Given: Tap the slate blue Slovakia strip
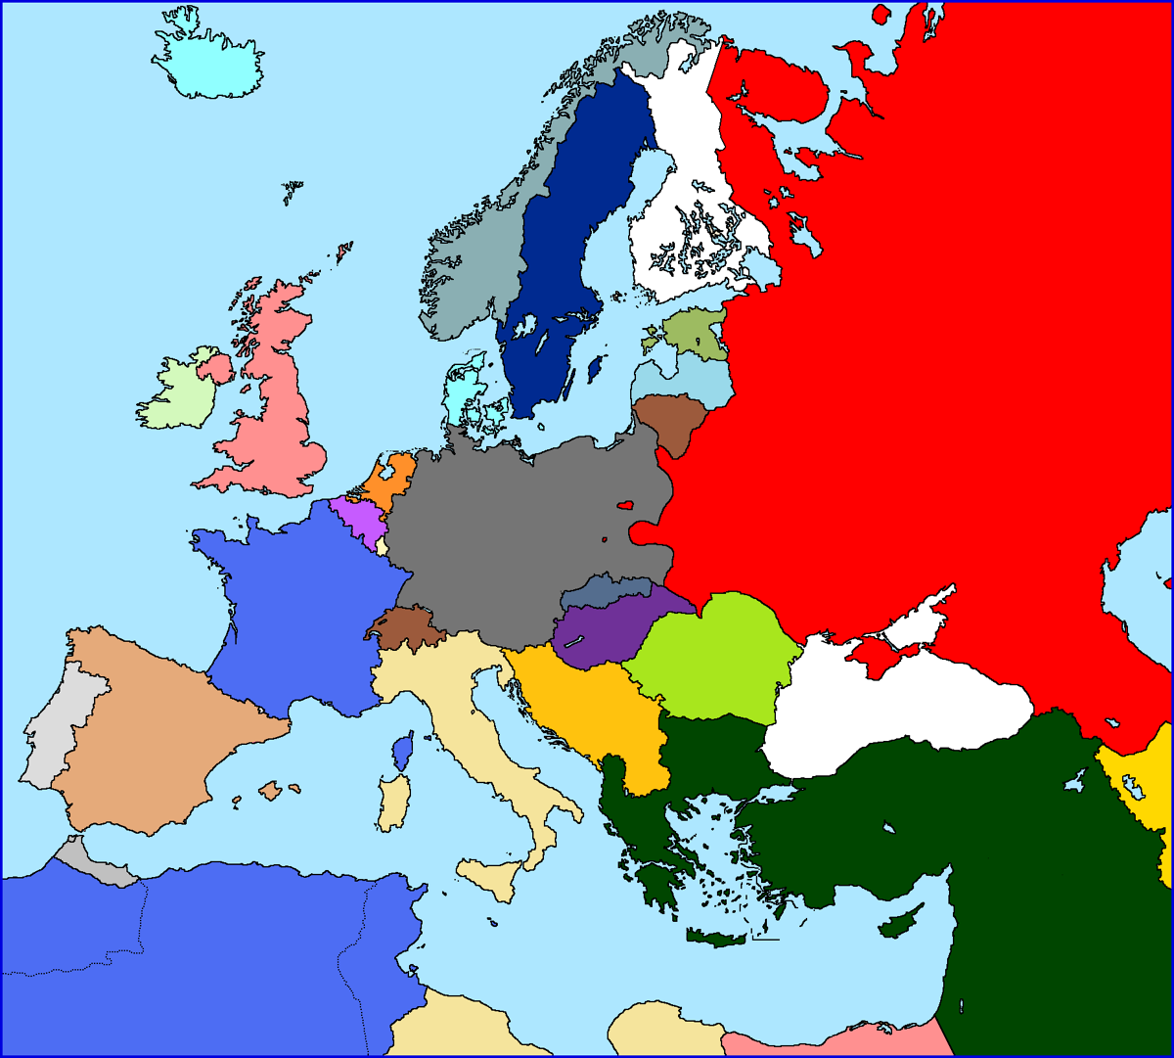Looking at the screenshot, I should pos(602,591).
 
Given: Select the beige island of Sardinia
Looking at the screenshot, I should pos(394,803).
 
